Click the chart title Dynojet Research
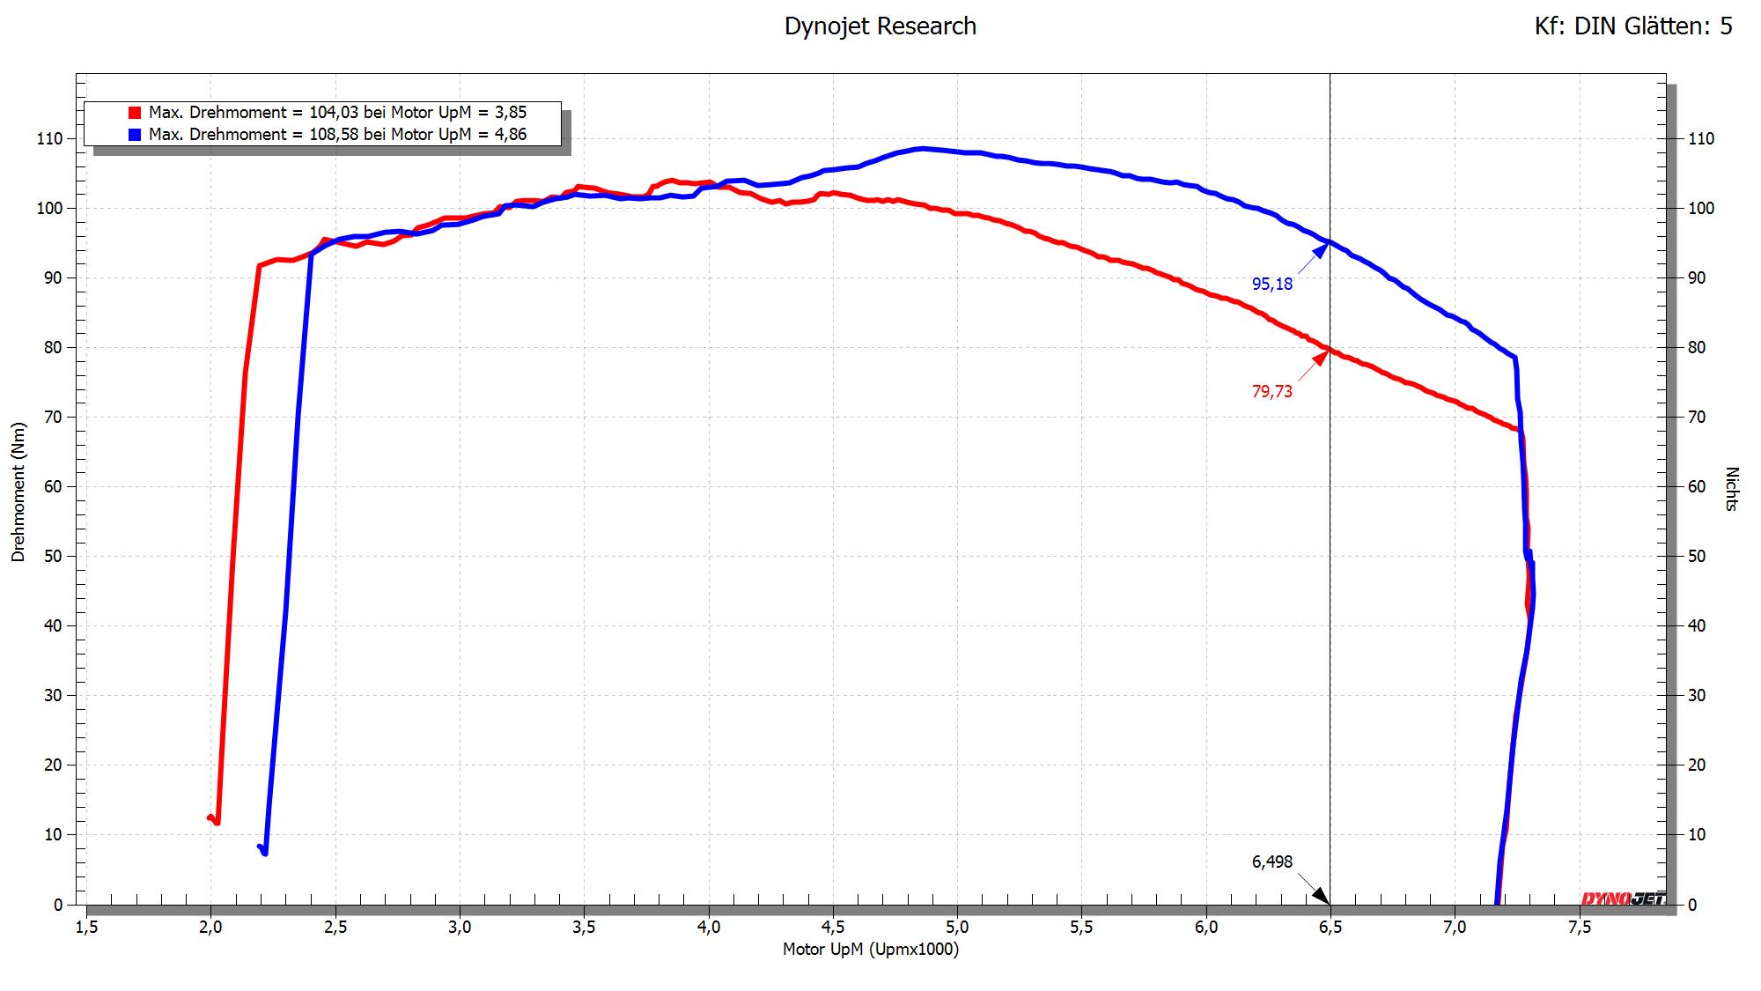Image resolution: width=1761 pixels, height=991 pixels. [880, 26]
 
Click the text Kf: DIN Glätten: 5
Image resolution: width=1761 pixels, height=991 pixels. [1632, 26]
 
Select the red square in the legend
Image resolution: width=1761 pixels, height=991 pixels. [135, 113]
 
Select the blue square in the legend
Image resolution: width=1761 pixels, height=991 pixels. [135, 135]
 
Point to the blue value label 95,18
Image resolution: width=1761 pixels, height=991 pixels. [1272, 284]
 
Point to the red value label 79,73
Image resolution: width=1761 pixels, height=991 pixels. [1272, 391]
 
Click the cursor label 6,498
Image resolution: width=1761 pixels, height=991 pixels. [1272, 862]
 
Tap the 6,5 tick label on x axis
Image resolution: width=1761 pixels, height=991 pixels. [1330, 927]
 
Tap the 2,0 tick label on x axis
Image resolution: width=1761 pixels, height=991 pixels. [210, 927]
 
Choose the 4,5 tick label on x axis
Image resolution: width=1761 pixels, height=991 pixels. [832, 927]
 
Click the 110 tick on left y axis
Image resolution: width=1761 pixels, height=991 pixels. [50, 138]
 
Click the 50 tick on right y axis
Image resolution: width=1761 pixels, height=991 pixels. [1696, 556]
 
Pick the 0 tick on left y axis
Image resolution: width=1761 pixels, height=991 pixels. [58, 905]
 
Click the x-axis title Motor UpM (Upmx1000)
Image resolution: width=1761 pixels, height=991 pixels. [870, 950]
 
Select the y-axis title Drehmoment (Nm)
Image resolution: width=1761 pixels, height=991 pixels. [18, 492]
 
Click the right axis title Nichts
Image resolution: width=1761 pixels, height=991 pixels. [1732, 489]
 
